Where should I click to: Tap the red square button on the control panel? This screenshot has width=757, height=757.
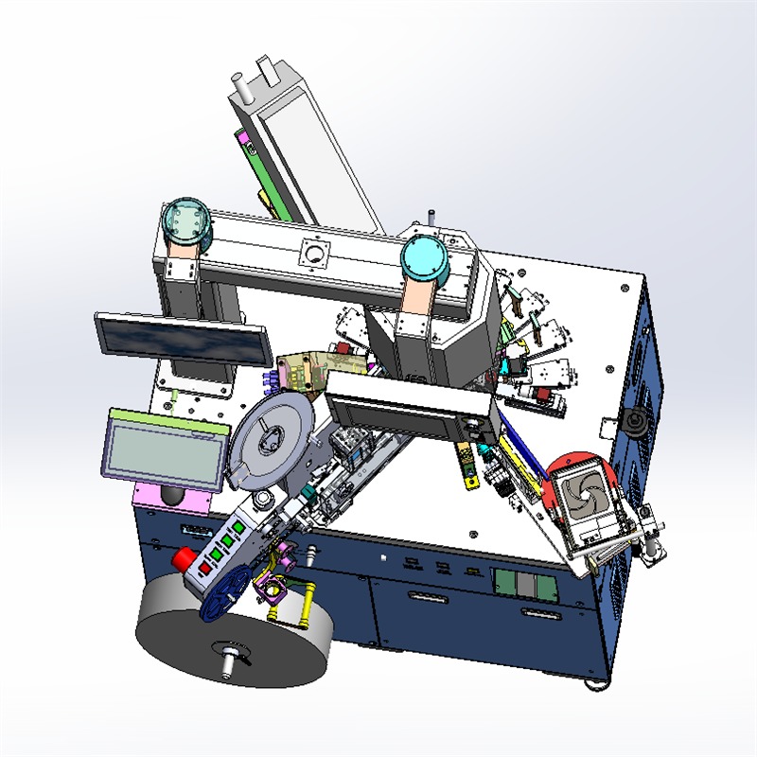(205, 568)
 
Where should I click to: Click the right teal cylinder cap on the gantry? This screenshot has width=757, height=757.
(423, 257)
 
